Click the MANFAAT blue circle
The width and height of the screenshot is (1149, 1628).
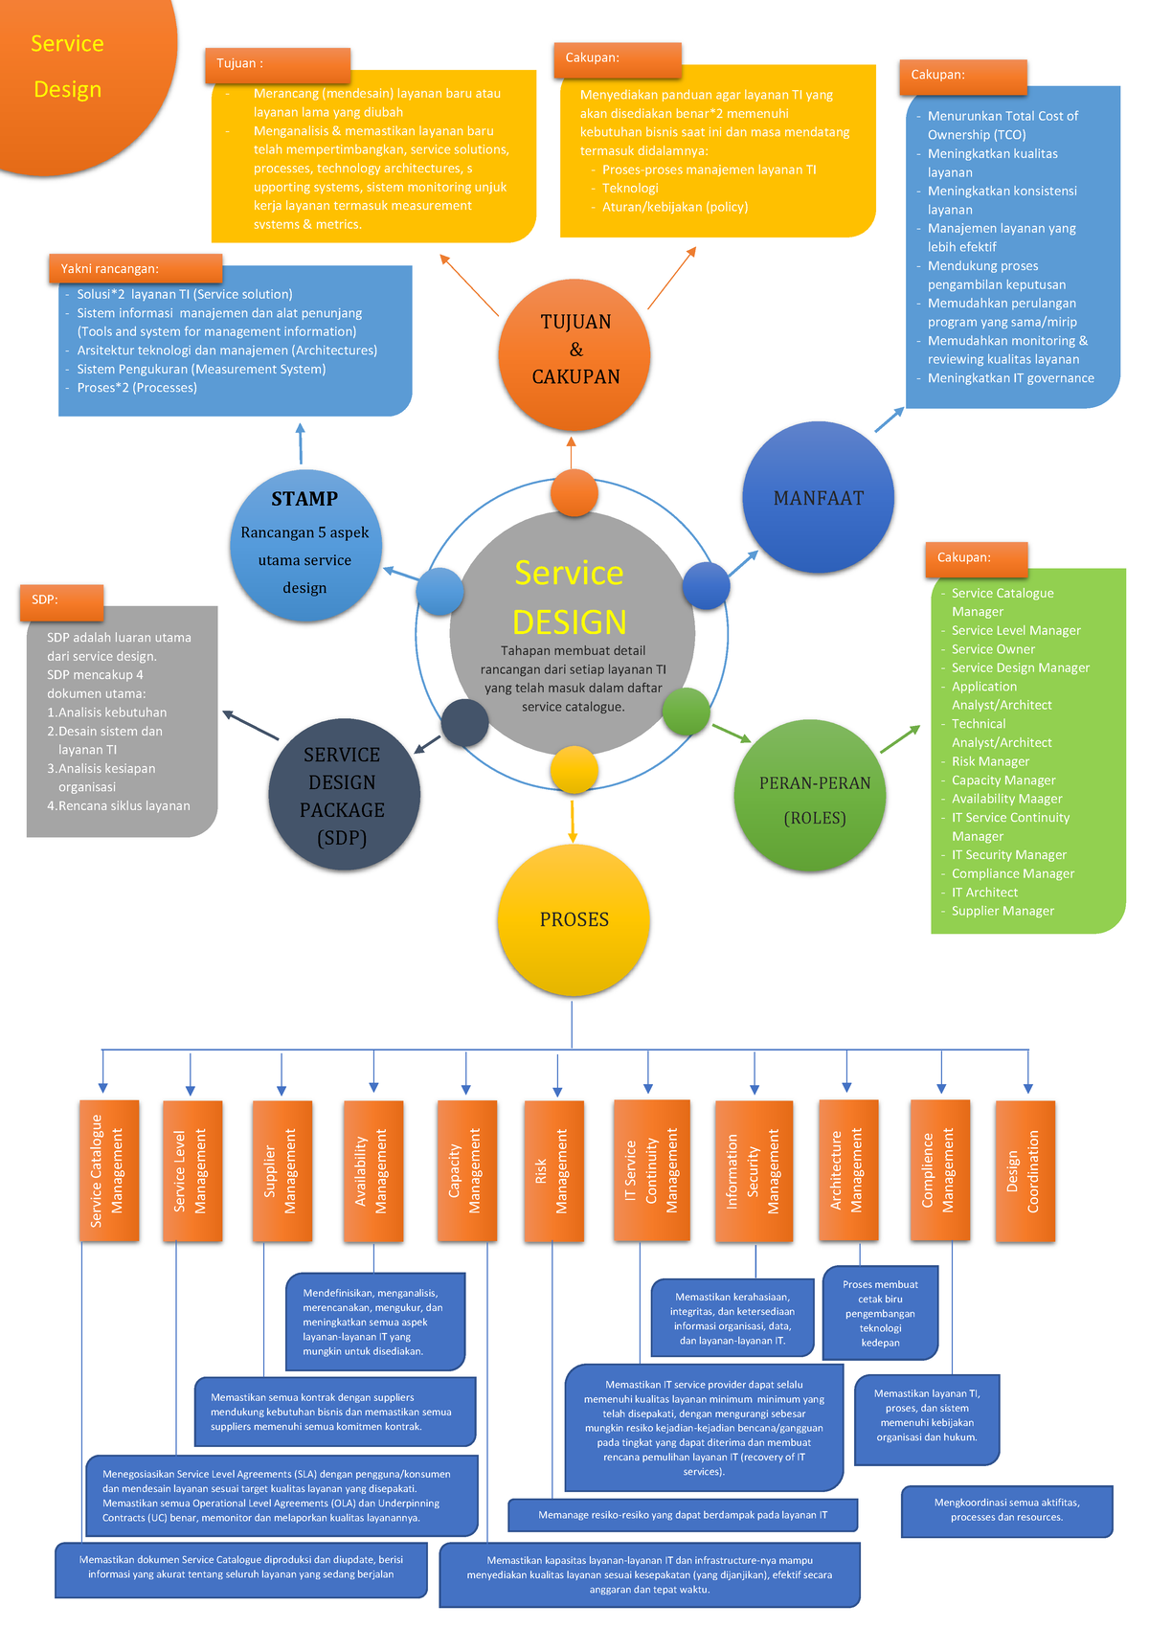click(818, 498)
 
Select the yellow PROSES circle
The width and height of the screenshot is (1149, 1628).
click(574, 919)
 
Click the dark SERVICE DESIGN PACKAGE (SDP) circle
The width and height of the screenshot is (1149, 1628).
click(343, 796)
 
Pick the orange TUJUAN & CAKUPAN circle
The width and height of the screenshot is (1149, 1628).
click(574, 350)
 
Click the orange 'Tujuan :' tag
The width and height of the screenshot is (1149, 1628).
click(277, 64)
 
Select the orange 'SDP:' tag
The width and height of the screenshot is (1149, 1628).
click(60, 600)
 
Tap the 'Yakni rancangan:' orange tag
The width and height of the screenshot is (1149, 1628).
click(135, 269)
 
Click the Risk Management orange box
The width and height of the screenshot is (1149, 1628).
click(552, 1171)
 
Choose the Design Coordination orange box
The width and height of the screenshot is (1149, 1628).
click(1025, 1171)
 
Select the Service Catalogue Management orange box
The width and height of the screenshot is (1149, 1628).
click(108, 1171)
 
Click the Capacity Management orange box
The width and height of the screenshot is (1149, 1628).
click(466, 1171)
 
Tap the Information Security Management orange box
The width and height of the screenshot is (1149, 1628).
click(754, 1171)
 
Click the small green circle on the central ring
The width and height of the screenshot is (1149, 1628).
click(686, 712)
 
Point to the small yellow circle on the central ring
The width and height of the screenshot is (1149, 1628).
click(574, 770)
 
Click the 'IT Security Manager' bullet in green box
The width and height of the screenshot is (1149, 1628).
click(1008, 855)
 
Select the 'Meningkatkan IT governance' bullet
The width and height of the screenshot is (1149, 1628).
click(1010, 378)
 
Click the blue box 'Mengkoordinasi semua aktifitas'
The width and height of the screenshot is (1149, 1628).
click(1006, 1510)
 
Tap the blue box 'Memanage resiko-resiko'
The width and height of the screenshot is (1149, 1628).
click(682, 1515)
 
